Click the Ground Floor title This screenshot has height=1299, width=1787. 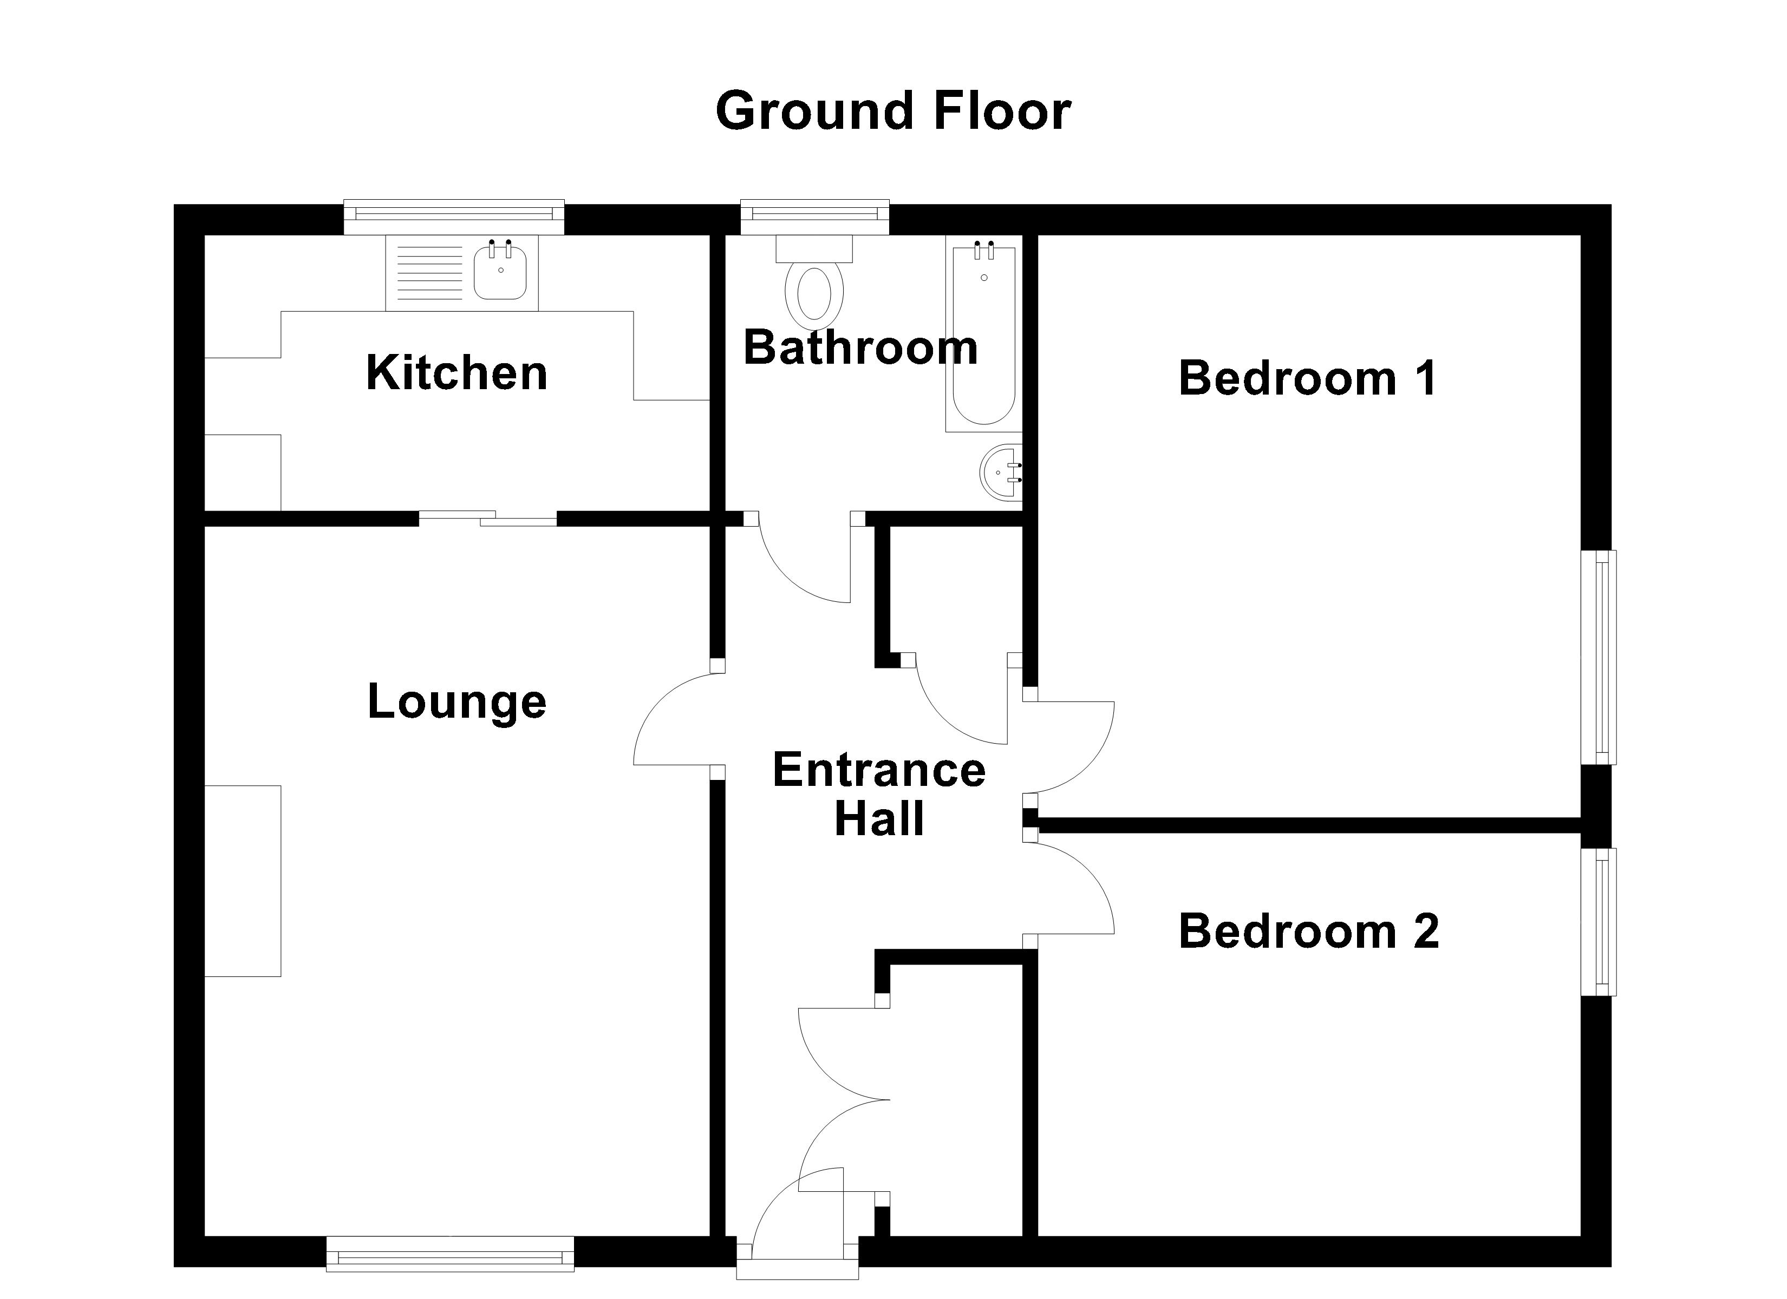(893, 111)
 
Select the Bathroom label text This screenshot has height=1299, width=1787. (860, 347)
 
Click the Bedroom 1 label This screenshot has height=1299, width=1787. (1307, 378)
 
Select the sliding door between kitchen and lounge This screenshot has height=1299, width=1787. (488, 519)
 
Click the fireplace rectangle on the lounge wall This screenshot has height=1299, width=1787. (243, 881)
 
